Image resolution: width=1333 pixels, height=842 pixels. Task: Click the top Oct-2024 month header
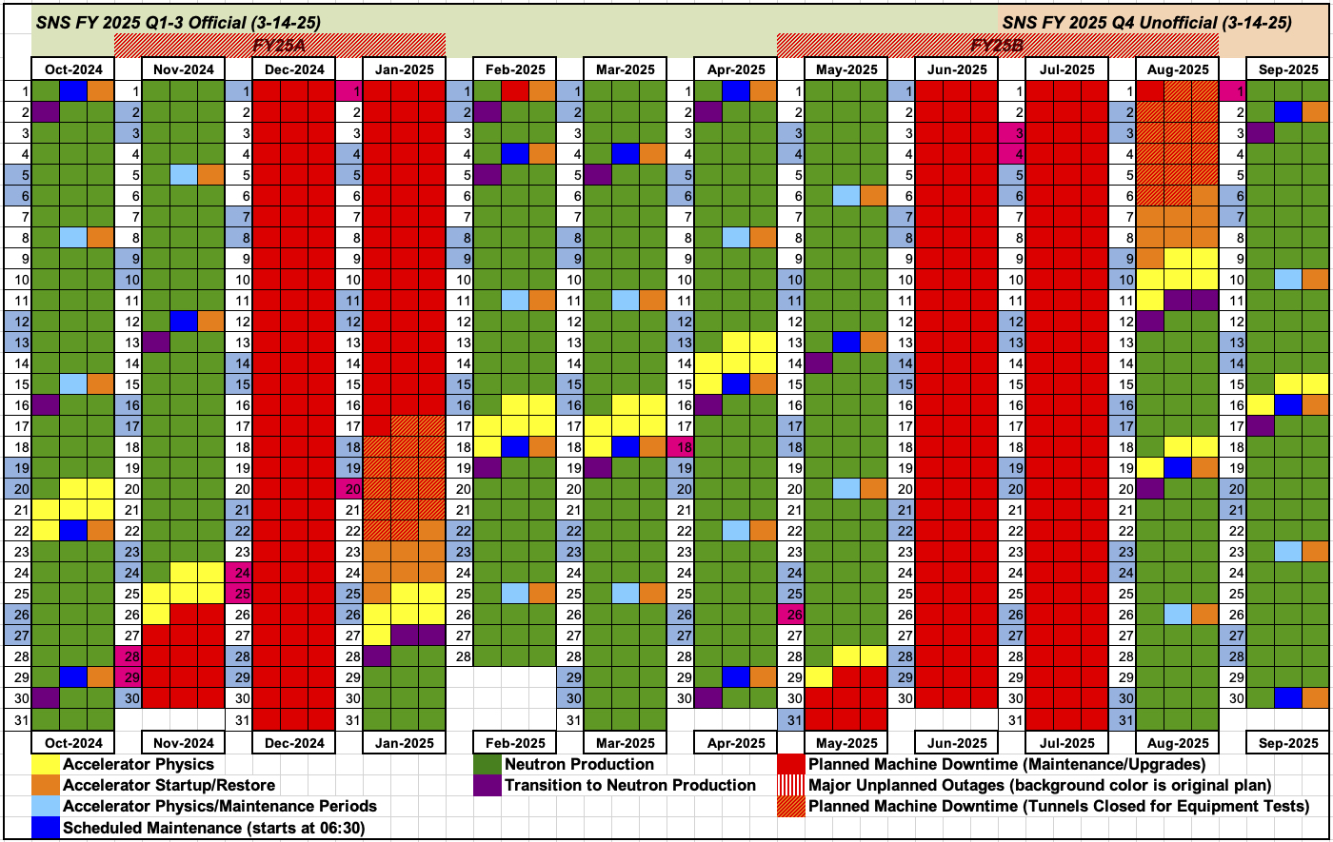(x=73, y=69)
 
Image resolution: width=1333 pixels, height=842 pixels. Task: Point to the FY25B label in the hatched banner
(x=997, y=45)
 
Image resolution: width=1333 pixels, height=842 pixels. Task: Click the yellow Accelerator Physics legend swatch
(x=45, y=764)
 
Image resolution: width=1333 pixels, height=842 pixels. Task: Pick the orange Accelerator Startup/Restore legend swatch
(x=45, y=785)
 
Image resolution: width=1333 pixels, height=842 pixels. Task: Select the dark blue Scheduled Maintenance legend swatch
(x=45, y=828)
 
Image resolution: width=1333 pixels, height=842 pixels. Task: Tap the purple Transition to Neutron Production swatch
(x=487, y=785)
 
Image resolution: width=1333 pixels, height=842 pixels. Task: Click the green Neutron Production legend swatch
(x=487, y=764)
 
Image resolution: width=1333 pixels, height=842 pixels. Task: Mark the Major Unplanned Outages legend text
(x=1040, y=785)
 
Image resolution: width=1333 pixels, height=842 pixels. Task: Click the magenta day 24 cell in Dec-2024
(x=238, y=573)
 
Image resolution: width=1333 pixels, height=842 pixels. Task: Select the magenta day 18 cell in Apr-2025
(x=680, y=447)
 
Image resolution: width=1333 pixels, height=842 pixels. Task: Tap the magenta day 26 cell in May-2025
(x=791, y=615)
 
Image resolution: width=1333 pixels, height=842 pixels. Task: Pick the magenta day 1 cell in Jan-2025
(x=348, y=91)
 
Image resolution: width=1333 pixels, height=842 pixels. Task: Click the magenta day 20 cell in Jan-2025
(x=348, y=489)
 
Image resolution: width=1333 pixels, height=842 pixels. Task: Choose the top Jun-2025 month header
(x=957, y=69)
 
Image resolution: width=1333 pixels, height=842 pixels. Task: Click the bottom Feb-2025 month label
(x=515, y=743)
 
